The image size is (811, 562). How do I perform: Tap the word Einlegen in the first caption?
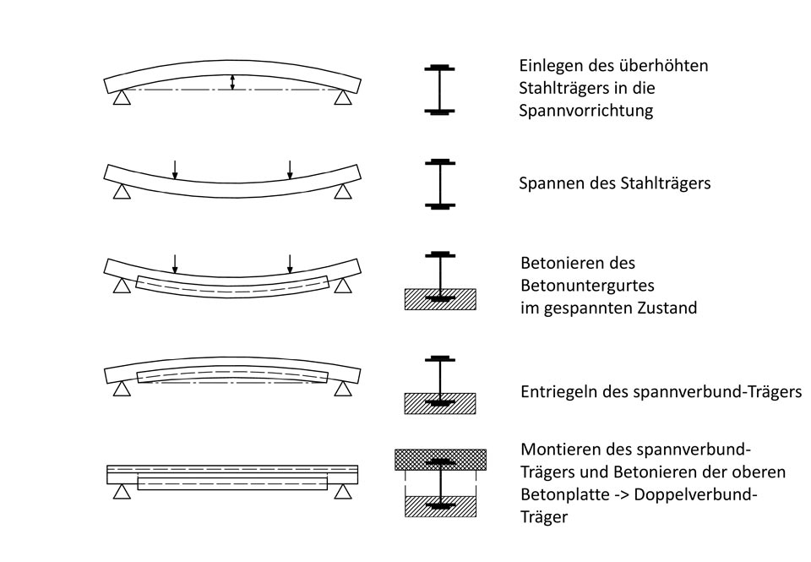click(549, 66)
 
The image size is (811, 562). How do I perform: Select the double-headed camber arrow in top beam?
click(232, 82)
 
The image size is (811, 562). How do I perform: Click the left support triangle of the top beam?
click(122, 98)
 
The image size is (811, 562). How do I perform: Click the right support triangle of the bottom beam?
click(342, 490)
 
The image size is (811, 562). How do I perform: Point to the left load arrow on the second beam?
click(174, 170)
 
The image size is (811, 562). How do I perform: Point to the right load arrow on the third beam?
click(290, 264)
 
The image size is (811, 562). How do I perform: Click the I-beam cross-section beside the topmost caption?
click(439, 89)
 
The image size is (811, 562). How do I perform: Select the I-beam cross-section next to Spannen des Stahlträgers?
click(439, 183)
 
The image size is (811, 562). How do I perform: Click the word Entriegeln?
click(553, 393)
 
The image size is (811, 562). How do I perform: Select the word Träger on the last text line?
click(544, 516)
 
